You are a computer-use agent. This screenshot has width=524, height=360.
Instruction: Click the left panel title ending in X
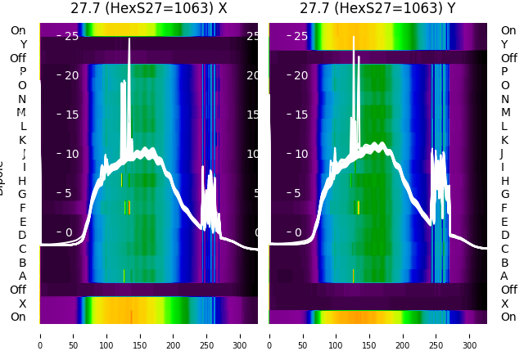(148, 9)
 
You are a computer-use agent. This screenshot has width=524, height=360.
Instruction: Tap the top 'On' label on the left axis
(18, 30)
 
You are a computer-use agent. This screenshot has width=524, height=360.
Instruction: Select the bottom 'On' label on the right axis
(508, 317)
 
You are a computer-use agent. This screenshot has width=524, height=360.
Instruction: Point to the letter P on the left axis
(22, 71)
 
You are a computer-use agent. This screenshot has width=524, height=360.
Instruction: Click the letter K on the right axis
(505, 140)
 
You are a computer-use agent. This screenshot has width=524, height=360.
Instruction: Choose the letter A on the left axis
(22, 276)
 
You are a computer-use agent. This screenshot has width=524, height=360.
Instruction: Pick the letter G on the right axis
(505, 194)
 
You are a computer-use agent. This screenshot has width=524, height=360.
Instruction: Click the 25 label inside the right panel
(300, 36)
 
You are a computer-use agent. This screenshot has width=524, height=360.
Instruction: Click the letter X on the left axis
(22, 304)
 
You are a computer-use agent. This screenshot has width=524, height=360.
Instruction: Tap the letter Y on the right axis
(505, 44)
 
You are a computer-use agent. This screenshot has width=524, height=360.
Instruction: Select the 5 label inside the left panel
(69, 194)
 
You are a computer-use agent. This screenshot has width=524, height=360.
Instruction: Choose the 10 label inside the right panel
(300, 154)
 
